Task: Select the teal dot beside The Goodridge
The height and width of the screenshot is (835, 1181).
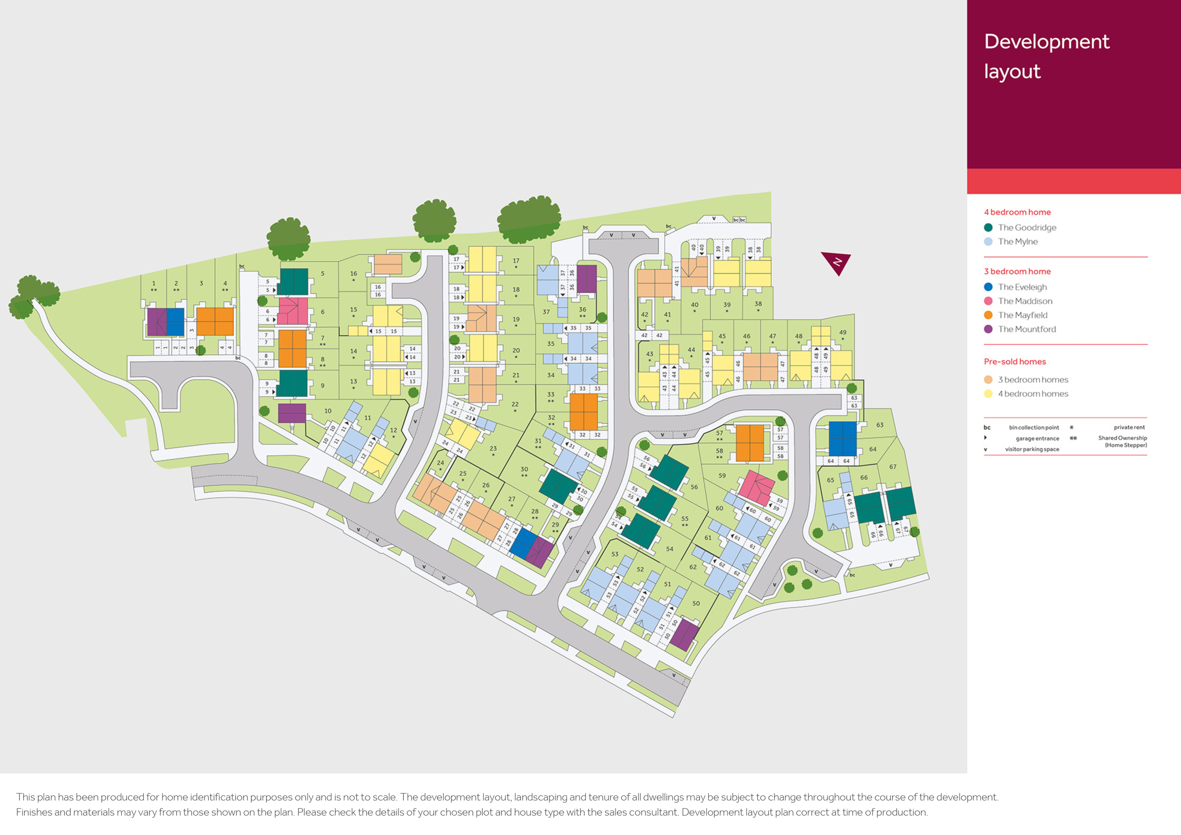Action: tap(988, 228)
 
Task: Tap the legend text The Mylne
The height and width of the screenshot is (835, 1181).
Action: tap(1017, 242)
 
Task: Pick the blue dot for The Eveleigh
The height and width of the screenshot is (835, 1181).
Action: tap(988, 287)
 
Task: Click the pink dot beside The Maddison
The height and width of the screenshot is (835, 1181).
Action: tap(988, 301)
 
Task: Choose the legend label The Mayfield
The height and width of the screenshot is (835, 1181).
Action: tap(1022, 315)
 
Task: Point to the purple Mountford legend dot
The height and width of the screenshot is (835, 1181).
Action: tap(988, 329)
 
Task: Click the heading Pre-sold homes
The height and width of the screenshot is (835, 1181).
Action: tap(1014, 362)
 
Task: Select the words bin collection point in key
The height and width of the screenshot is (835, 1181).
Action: tap(1034, 427)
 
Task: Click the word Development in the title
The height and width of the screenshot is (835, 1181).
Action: tap(1046, 42)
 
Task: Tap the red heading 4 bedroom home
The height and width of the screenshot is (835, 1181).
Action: tap(1017, 212)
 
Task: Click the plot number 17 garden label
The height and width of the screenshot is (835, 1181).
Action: tap(516, 261)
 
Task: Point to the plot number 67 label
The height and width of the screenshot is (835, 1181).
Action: tap(893, 467)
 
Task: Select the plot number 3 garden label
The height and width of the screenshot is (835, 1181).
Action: tap(201, 283)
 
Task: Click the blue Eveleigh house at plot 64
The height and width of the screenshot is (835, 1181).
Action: tap(843, 438)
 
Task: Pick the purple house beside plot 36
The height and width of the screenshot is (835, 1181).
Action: tap(586, 279)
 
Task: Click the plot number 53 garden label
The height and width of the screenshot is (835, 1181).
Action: tap(615, 554)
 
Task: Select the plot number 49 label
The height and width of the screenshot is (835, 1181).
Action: tap(843, 333)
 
